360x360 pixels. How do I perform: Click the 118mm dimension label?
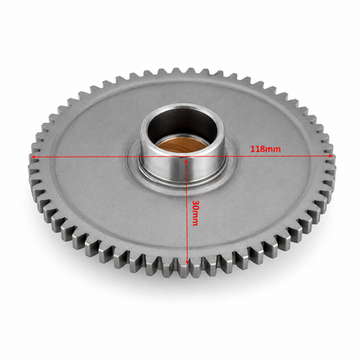click(x=265, y=149)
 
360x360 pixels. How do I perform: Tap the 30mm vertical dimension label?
click(x=195, y=213)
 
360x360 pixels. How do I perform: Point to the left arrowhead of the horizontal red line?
click(x=33, y=157)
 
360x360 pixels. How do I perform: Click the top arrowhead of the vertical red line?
click(x=186, y=160)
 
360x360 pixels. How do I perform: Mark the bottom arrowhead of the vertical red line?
click(x=187, y=261)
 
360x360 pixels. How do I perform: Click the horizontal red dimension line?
click(x=182, y=157)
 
